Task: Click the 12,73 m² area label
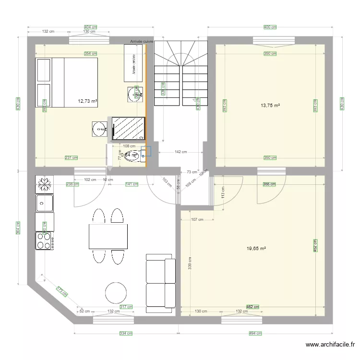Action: point(87,101)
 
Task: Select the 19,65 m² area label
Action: point(256,249)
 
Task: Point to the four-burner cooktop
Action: point(44,240)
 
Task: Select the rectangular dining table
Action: point(108,236)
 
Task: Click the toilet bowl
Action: point(130,156)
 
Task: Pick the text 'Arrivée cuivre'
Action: point(142,42)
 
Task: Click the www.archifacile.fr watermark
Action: point(331,344)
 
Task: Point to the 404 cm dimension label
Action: point(90,27)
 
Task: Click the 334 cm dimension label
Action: point(126,333)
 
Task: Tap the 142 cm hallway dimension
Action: point(180,152)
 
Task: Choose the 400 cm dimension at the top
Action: point(270,27)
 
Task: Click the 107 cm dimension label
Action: point(197,220)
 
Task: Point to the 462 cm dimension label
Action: point(253,307)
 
